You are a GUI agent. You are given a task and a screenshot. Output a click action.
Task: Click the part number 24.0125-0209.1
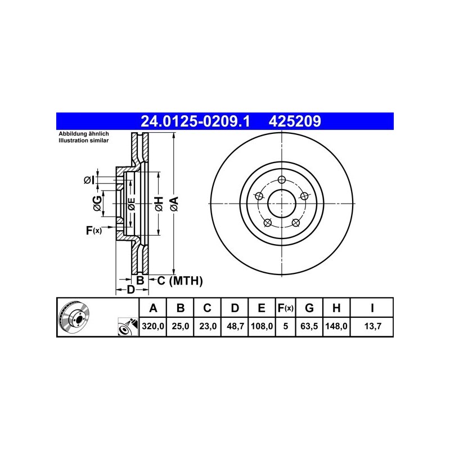pyautogui.click(x=195, y=121)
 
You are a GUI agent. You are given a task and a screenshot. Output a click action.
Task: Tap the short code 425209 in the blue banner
pyautogui.click(x=295, y=121)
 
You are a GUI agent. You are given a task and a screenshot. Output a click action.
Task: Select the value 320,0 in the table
pyautogui.click(x=152, y=326)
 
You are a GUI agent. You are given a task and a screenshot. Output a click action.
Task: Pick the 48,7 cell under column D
pyautogui.click(x=235, y=326)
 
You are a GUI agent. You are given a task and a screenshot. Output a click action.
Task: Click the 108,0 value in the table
pyautogui.click(x=262, y=326)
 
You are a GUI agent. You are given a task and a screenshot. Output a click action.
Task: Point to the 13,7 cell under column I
pyautogui.click(x=372, y=326)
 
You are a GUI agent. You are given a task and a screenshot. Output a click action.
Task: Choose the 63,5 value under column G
pyautogui.click(x=309, y=326)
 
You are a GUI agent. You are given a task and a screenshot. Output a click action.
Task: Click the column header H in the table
pyautogui.click(x=336, y=308)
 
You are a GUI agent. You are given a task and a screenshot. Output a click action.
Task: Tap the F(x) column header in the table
pyautogui.click(x=286, y=308)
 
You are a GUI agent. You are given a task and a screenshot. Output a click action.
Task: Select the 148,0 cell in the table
pyautogui.click(x=336, y=326)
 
